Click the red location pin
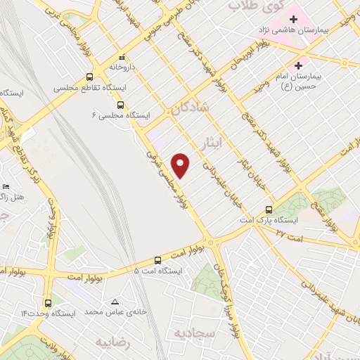point(181,165)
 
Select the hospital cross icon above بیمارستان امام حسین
point(298,64)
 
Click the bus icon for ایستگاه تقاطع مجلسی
point(89,77)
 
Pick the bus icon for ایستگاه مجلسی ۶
point(120,105)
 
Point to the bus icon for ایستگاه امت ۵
point(158,259)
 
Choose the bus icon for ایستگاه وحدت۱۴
point(48,302)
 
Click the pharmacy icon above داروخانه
point(122,57)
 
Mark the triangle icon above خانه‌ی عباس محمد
point(115,302)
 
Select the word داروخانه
point(121,67)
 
